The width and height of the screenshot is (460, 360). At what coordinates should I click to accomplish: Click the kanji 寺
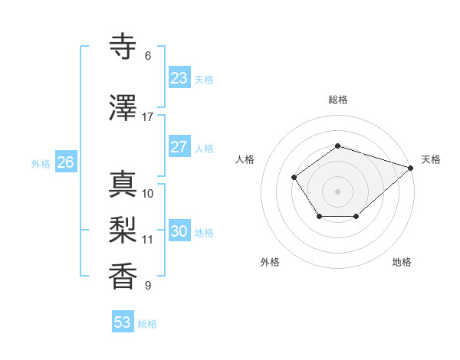point(123,47)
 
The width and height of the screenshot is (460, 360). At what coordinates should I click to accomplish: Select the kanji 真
point(123,185)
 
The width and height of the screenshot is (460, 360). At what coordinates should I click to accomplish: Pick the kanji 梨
point(123,231)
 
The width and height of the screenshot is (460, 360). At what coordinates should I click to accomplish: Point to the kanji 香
point(123,277)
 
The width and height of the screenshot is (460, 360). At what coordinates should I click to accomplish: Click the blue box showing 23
point(179,78)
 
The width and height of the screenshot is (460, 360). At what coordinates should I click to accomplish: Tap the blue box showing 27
point(179,147)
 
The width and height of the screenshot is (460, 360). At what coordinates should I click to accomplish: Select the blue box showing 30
point(179,231)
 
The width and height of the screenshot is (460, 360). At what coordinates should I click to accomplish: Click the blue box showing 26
point(65,162)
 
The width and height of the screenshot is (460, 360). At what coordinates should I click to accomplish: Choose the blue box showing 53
point(123,322)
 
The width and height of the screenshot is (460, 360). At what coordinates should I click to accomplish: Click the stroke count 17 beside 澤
point(148,117)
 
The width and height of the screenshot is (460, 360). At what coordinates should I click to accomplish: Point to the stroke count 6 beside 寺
point(148,56)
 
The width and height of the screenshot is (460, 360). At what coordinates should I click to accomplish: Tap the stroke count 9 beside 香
point(148,286)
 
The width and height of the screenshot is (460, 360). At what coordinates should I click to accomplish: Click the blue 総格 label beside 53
point(147,324)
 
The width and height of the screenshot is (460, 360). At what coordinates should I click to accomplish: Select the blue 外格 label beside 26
point(41,163)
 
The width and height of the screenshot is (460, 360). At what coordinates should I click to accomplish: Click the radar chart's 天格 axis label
point(431,159)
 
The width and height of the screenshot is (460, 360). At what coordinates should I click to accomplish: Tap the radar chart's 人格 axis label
point(245,159)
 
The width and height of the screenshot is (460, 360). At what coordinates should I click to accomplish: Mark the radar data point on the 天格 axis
point(412,166)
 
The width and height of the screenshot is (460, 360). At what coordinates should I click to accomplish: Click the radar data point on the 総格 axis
point(337,146)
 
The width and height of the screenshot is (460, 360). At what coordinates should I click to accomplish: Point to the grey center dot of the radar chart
point(337,191)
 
